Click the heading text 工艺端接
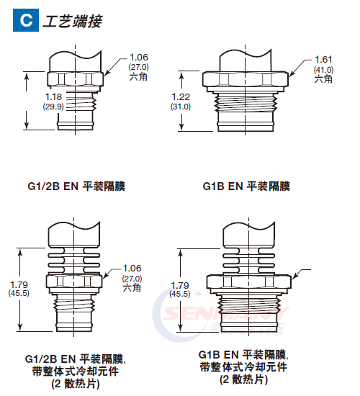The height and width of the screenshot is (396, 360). (x=71, y=22)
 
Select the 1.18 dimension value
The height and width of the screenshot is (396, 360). (x=53, y=96)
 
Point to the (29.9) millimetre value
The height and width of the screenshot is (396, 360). (x=53, y=106)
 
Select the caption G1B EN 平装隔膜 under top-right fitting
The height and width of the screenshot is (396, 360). (x=246, y=186)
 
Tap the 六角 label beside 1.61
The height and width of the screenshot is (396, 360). (x=323, y=80)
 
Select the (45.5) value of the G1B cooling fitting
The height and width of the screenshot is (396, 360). (x=180, y=294)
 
